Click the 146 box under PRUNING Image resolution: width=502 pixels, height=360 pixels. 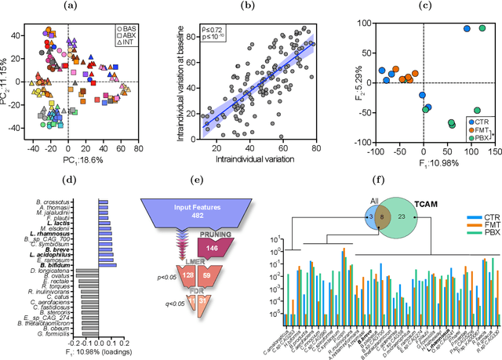pos(212,267)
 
